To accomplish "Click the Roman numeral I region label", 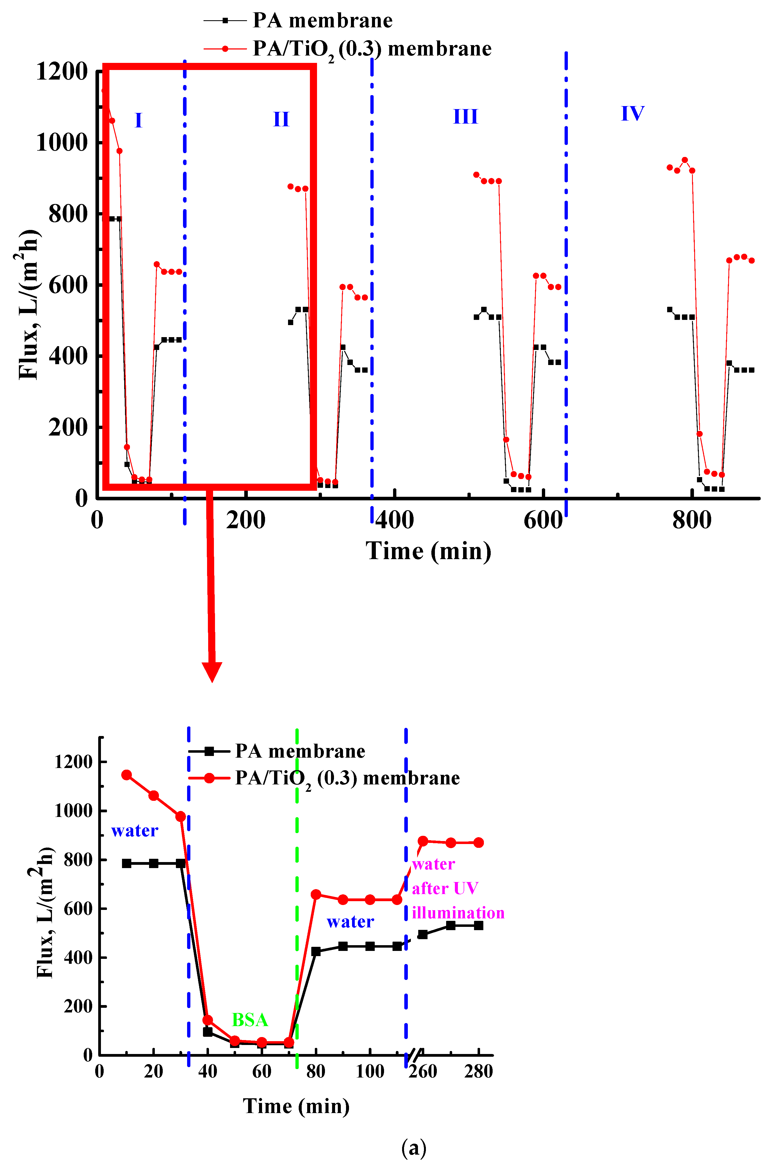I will [138, 120].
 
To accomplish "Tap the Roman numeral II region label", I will [281, 119].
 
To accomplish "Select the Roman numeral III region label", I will [465, 117].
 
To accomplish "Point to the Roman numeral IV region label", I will [632, 113].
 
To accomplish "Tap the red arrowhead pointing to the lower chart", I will [212, 672].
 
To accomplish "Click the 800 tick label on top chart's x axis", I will [692, 520].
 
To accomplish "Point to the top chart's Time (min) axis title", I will [428, 551].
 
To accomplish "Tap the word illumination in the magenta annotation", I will [458, 913].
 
